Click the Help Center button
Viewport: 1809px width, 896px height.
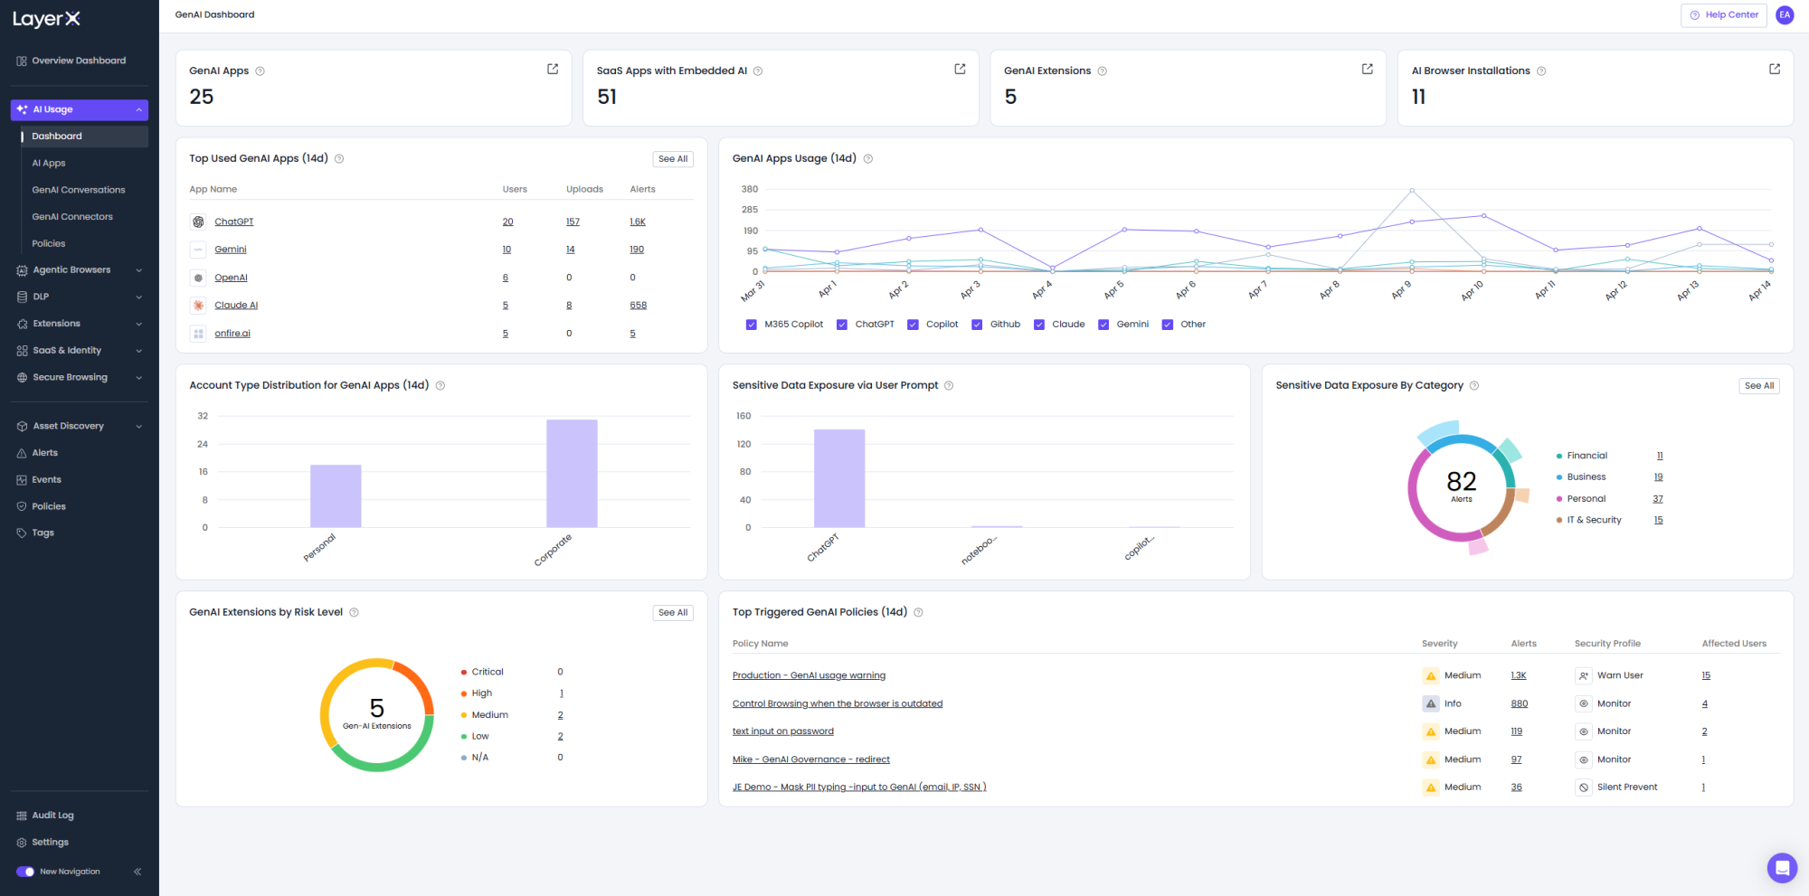click(1723, 15)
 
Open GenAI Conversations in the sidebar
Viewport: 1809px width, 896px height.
click(79, 190)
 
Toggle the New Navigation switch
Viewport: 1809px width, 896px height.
click(25, 872)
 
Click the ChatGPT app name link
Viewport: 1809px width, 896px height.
click(234, 222)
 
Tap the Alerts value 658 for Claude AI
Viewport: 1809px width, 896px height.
click(639, 306)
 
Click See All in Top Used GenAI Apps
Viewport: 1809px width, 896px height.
click(673, 159)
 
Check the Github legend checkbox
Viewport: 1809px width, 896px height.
click(977, 325)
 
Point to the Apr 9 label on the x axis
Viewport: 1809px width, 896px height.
click(1401, 290)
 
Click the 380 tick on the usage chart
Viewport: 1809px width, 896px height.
click(750, 189)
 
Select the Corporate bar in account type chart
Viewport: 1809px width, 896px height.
click(572, 473)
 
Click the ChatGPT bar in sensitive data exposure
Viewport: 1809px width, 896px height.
click(839, 478)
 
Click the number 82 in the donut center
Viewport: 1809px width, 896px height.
click(1462, 481)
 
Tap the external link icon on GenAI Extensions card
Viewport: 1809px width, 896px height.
click(1368, 69)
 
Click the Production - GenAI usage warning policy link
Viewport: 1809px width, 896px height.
click(809, 675)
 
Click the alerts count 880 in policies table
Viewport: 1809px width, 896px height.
click(1520, 703)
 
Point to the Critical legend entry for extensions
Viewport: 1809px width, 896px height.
click(482, 672)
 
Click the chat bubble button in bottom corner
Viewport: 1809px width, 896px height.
click(1782, 869)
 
